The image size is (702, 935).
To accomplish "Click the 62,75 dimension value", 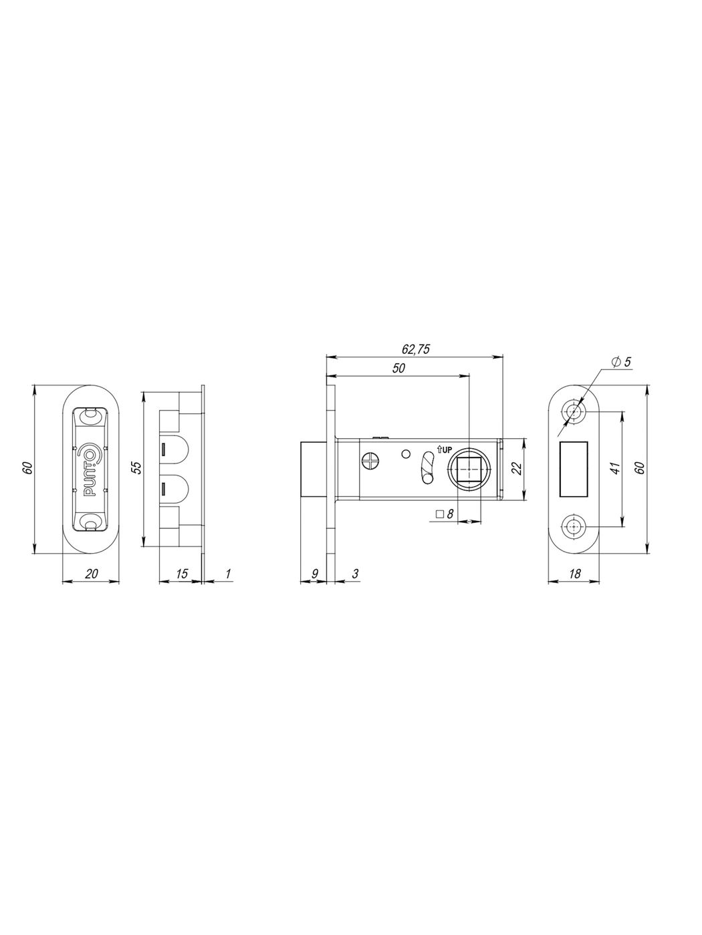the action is (416, 349).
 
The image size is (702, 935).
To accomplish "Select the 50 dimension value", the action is (398, 368).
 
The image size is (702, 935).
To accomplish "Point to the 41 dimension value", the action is (614, 467).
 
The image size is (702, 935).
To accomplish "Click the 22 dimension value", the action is (517, 468).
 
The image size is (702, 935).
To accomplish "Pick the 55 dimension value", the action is (136, 467).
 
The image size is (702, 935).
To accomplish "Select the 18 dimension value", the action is (574, 574).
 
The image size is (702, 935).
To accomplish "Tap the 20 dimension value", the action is (91, 574).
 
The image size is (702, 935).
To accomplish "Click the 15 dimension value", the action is (182, 574).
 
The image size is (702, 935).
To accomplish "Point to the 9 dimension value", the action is (314, 574).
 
